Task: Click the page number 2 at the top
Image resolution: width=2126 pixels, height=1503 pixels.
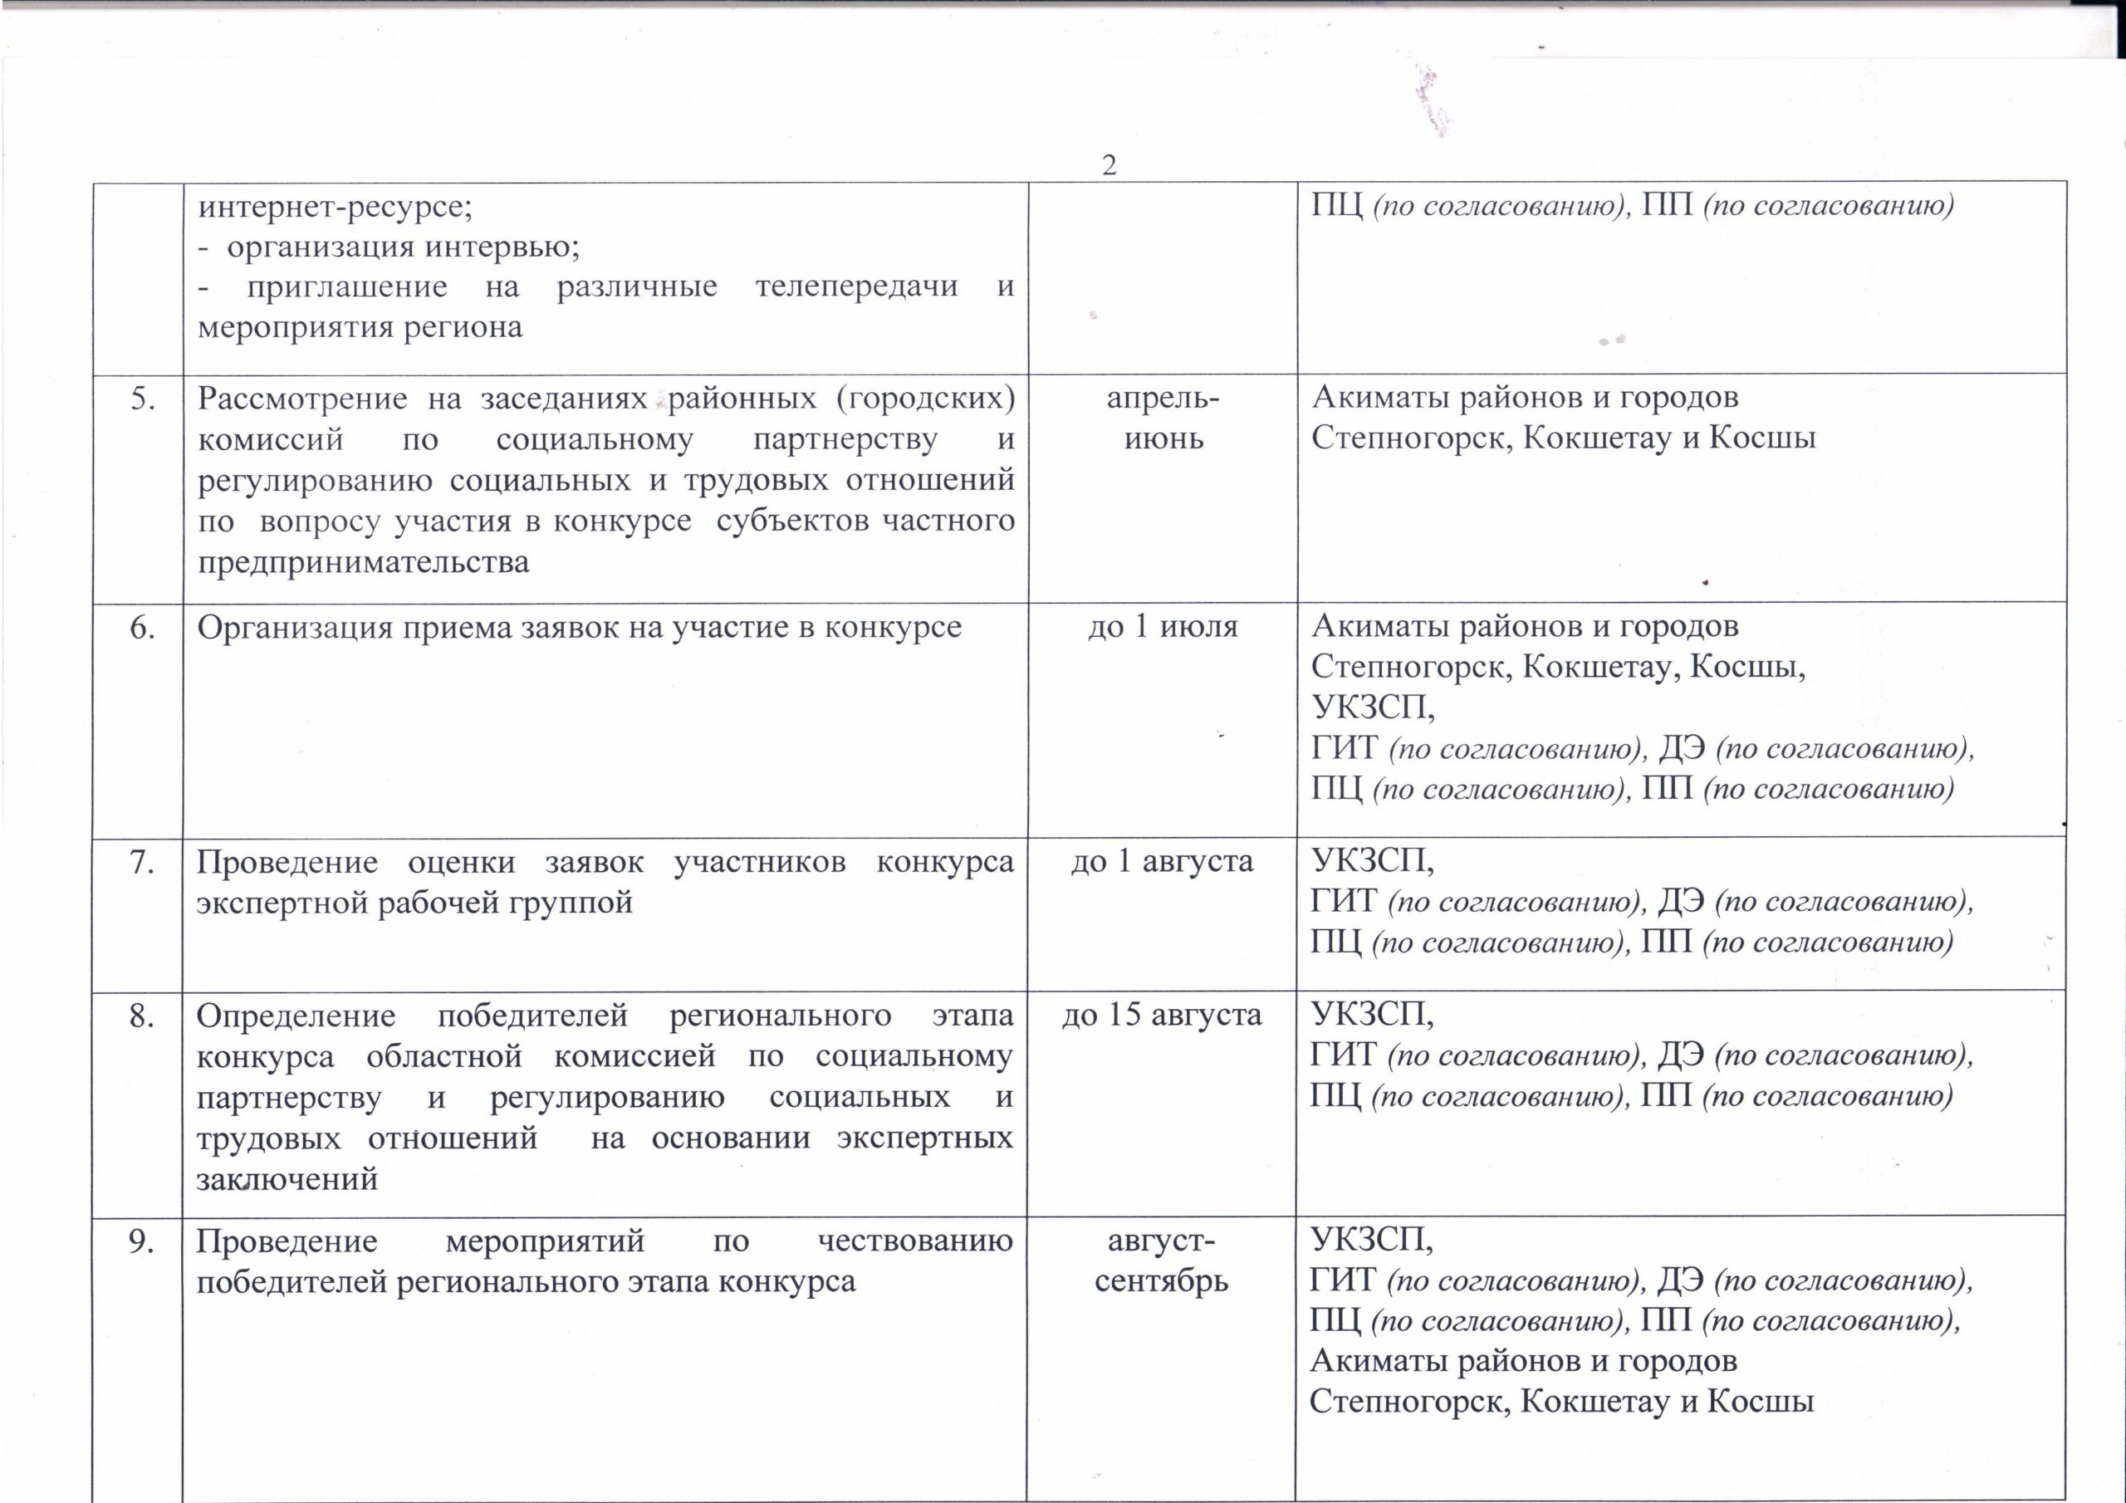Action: (x=1109, y=166)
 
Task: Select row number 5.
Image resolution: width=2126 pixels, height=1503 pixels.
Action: (x=142, y=399)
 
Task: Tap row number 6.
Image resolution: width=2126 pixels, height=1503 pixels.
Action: (x=142, y=628)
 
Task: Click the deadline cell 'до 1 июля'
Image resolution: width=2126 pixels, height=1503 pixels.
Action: (x=1162, y=627)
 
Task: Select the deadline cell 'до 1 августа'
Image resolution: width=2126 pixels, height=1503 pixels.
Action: (x=1162, y=862)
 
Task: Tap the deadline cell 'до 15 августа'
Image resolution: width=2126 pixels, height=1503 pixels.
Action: (x=1161, y=1016)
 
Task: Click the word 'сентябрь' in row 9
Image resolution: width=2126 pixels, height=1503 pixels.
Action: (x=1161, y=1281)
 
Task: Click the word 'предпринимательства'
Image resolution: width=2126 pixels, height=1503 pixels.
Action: (x=363, y=562)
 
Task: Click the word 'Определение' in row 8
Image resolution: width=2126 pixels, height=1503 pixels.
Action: (x=296, y=1016)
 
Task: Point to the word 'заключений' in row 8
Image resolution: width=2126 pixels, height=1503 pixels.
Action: (x=287, y=1180)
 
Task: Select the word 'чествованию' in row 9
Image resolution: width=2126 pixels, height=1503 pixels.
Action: (x=915, y=1241)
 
